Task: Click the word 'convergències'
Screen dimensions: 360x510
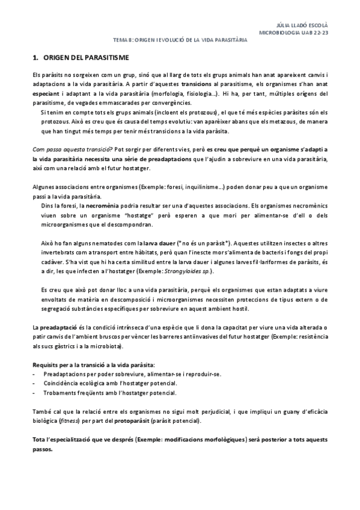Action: point(171,103)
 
